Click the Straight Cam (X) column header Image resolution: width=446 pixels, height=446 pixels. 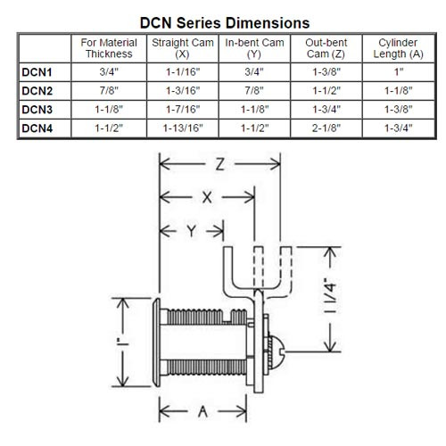[x=183, y=48]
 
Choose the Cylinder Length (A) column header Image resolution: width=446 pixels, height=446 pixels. [x=393, y=48]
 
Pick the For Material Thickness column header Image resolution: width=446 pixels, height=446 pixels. [x=110, y=48]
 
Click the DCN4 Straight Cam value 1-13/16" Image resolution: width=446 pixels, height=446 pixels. [x=183, y=129]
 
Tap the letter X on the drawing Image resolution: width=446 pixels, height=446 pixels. [x=207, y=200]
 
